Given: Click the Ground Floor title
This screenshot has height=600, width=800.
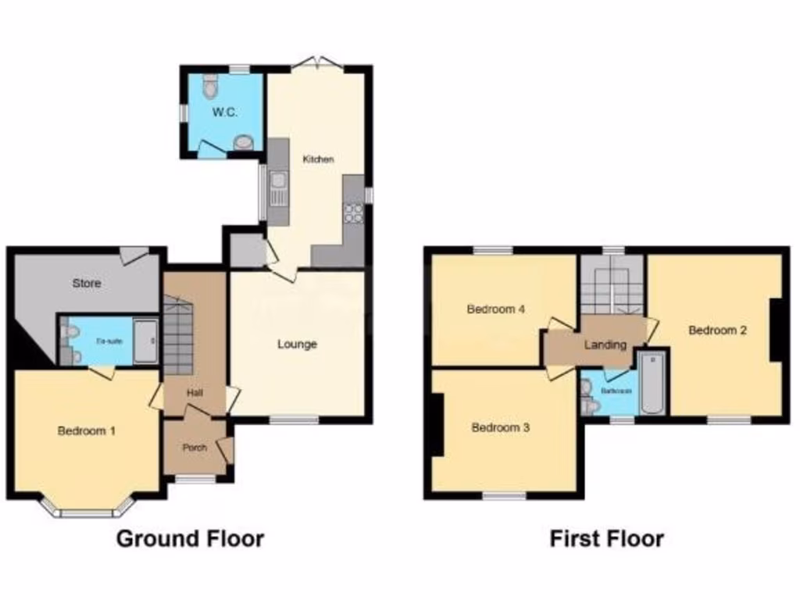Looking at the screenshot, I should [190, 538].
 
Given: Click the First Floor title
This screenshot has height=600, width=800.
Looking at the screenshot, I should [606, 538].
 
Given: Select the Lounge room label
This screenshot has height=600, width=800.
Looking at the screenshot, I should [298, 344].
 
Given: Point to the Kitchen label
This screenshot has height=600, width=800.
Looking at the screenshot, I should [319, 159].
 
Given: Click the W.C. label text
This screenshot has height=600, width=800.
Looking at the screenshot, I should [225, 112].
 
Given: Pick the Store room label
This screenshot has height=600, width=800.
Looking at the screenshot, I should [86, 283].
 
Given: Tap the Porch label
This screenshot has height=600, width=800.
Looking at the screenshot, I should [194, 448].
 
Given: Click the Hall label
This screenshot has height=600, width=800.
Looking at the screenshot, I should [195, 392].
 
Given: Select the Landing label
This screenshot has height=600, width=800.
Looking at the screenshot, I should [605, 345].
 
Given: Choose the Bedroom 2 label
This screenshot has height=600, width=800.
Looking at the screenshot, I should [717, 330].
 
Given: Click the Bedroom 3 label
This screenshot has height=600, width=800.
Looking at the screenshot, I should [500, 428].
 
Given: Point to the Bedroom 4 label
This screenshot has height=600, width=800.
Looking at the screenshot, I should [495, 309].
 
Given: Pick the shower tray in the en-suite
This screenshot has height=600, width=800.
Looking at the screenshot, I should [146, 341].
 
